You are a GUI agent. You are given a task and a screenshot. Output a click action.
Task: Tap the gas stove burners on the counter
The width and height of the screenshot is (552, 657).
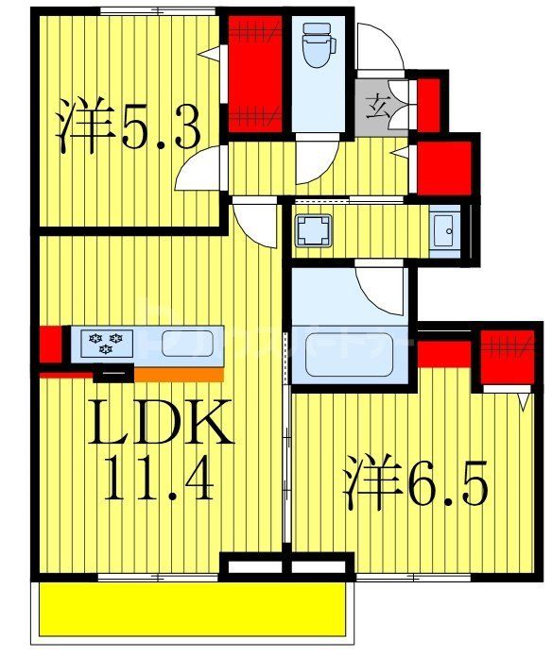(x=101, y=342)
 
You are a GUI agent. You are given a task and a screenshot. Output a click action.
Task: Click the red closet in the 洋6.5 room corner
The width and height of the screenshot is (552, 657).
(x=507, y=357)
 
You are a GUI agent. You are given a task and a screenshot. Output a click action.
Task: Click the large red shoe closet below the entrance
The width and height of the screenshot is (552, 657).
(x=444, y=166)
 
